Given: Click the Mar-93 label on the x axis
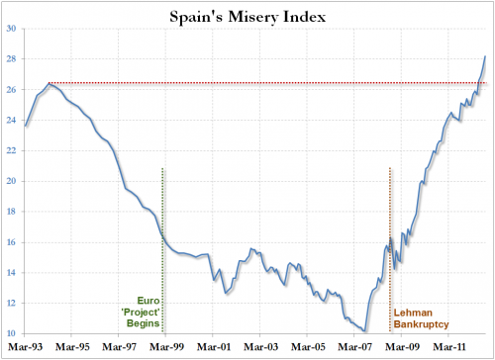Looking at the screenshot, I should [26, 348].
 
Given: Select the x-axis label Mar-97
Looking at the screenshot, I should [120, 348].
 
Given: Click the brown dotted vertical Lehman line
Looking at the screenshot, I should [390, 198].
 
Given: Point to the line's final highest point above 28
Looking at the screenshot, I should [485, 56].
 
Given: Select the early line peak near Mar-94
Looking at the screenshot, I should [49, 83].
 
